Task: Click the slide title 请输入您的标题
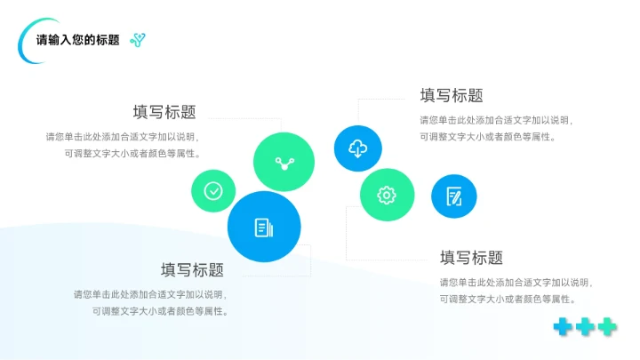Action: [77, 40]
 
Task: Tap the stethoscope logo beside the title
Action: [137, 39]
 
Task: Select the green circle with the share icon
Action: [284, 163]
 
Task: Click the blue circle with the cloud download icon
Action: [357, 148]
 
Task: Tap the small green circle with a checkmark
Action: [213, 190]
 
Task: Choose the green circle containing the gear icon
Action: [387, 195]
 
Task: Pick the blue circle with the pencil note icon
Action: [454, 196]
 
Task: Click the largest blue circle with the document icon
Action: [263, 227]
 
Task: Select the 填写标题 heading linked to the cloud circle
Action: [452, 96]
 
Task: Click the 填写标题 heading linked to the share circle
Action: [164, 112]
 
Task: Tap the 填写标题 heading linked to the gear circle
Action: [471, 258]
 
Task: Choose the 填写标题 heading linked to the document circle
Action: [192, 270]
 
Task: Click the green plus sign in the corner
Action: [607, 327]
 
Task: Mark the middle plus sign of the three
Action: [585, 327]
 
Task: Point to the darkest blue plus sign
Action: [563, 327]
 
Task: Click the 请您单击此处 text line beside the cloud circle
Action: [496, 120]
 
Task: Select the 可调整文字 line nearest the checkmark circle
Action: [132, 153]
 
